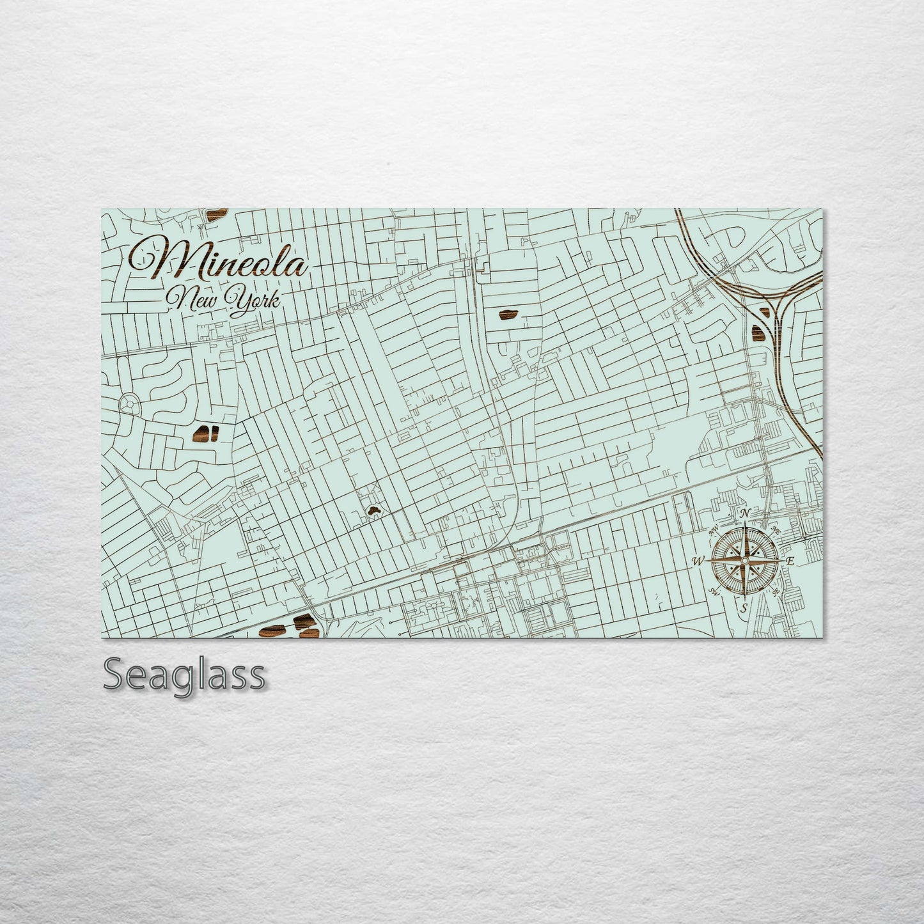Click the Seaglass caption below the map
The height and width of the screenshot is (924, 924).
[x=183, y=675]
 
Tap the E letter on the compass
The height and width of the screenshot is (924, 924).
[x=790, y=561]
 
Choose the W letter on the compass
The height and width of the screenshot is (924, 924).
[x=698, y=561]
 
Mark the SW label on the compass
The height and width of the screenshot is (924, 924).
[x=712, y=591]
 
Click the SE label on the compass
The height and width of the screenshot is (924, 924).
[x=775, y=591]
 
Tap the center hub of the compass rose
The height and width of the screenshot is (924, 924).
[x=744, y=561]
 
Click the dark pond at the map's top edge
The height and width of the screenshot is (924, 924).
[x=217, y=213]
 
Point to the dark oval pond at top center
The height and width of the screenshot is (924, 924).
[x=508, y=314]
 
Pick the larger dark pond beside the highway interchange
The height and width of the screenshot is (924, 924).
[x=758, y=333]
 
